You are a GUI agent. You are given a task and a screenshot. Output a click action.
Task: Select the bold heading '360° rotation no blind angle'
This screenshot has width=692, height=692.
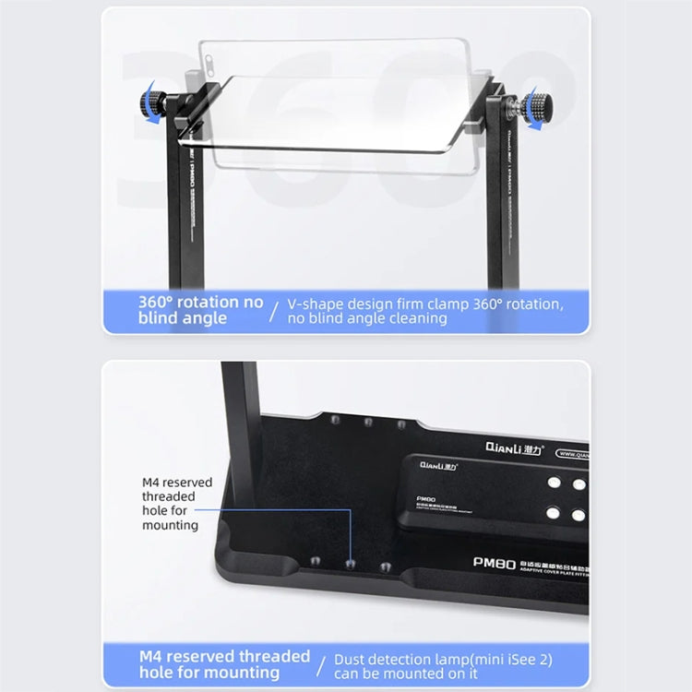(x=200, y=310)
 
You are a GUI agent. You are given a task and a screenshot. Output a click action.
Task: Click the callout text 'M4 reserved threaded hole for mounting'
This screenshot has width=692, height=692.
(x=176, y=503)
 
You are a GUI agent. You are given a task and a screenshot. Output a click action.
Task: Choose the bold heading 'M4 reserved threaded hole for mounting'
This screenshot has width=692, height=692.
(x=224, y=664)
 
